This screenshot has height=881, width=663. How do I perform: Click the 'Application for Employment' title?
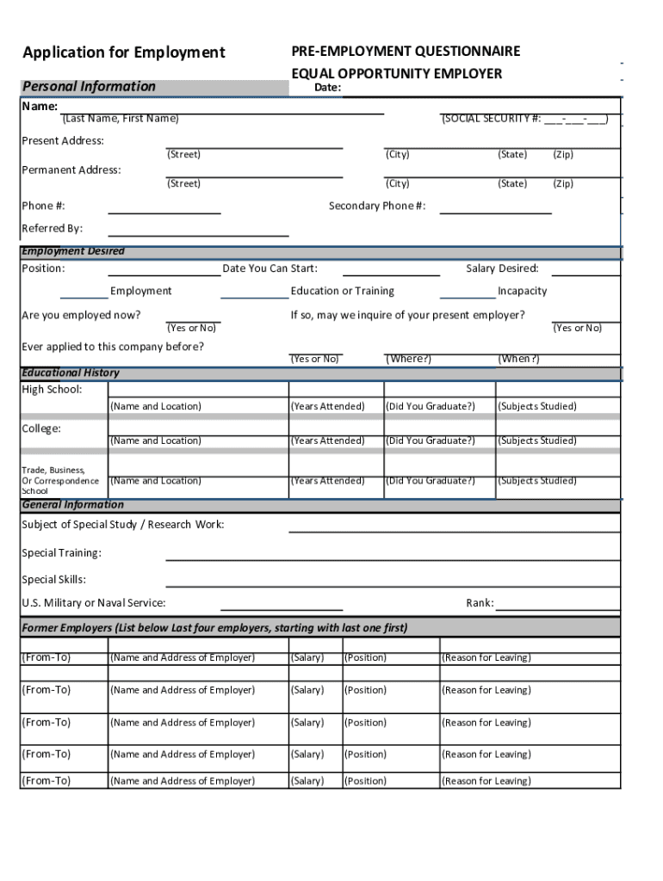tap(124, 53)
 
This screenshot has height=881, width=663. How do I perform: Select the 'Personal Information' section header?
tap(89, 86)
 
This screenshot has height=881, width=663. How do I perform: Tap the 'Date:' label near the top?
tap(327, 88)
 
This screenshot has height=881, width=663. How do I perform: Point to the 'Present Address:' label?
tap(63, 140)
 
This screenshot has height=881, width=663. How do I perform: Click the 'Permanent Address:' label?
tap(71, 169)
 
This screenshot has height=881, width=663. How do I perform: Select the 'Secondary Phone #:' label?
tap(377, 206)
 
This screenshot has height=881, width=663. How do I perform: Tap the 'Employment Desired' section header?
tap(73, 251)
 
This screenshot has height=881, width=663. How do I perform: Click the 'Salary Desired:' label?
tap(502, 268)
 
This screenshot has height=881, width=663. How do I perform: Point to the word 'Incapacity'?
tap(522, 291)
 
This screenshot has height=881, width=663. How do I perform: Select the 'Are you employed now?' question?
tap(81, 315)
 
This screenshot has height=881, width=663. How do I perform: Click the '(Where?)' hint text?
tap(408, 359)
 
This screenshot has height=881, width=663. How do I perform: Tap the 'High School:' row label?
tap(52, 390)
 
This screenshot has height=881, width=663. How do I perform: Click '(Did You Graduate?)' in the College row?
tap(430, 440)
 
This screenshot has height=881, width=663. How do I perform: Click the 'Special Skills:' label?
tap(53, 580)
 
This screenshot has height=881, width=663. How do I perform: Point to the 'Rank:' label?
tap(480, 603)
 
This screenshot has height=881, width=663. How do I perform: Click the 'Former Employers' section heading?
tap(214, 627)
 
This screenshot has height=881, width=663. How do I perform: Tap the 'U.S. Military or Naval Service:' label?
tap(94, 603)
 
